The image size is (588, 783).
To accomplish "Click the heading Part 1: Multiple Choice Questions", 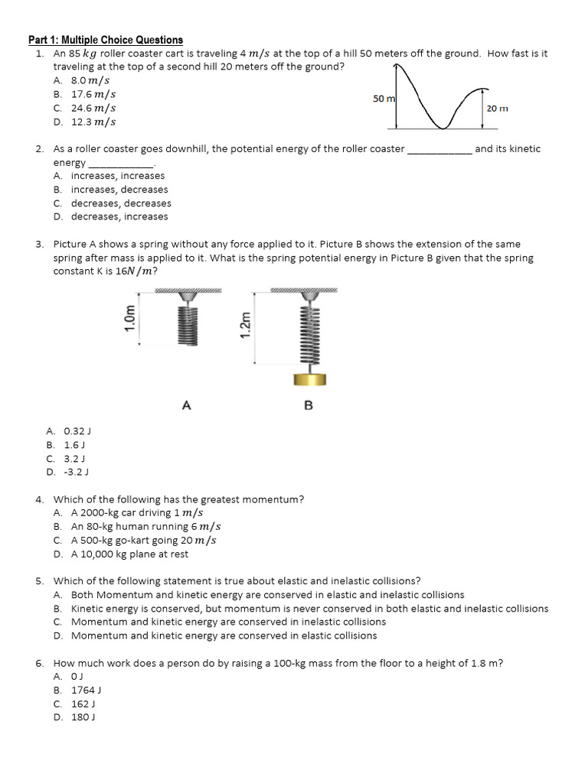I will pos(106,40).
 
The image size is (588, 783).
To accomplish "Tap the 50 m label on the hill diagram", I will pos(384,99).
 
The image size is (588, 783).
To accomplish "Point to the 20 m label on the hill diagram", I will pos(497,109).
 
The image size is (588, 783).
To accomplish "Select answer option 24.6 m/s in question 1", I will pos(93,109).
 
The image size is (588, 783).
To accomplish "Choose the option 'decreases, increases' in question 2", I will pos(119,217).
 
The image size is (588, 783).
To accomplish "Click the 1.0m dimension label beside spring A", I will pos(129,317).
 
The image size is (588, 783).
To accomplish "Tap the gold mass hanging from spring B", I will pos(310,379).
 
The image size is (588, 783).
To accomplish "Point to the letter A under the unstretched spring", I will pos(186,405).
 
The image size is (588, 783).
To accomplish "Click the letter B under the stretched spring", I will pos(309,406).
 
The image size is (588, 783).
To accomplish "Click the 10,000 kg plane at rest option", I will pos(129,554).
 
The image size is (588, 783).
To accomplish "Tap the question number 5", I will pos(39,581).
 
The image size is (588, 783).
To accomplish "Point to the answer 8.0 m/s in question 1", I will pos(90,80).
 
